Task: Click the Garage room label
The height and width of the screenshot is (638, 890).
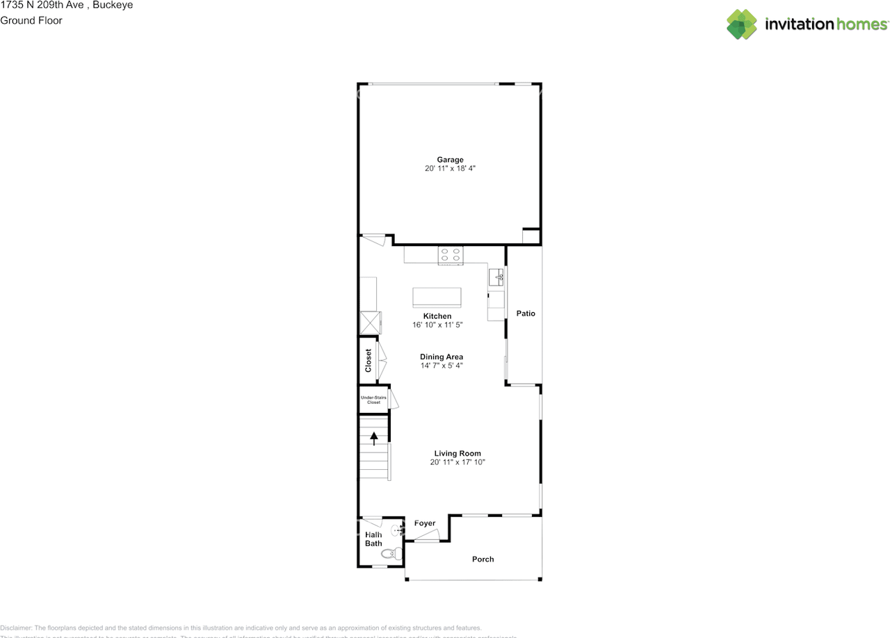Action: (x=450, y=160)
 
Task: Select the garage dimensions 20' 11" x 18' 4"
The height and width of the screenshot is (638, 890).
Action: (x=450, y=169)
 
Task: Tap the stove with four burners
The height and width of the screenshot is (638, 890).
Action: (x=451, y=256)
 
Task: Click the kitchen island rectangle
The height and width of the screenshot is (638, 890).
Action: (x=437, y=297)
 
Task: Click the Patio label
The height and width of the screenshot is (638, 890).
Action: (x=526, y=313)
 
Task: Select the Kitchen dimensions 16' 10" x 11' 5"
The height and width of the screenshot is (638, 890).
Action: (x=437, y=325)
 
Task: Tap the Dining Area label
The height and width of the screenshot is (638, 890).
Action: (x=441, y=357)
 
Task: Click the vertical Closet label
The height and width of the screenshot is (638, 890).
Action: (x=369, y=360)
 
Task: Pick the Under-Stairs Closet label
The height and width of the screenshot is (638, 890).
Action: (x=373, y=400)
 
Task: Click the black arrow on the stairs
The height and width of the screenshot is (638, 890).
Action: (x=374, y=438)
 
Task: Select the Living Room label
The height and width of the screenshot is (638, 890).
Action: (x=458, y=454)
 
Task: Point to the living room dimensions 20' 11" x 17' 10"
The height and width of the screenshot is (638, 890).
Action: (x=458, y=462)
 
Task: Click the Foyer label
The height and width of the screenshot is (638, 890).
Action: (x=425, y=523)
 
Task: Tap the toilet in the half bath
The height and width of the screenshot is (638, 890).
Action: (x=393, y=554)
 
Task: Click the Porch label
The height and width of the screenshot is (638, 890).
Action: (x=483, y=559)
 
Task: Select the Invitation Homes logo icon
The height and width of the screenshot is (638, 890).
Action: (x=742, y=24)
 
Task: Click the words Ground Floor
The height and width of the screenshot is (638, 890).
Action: (x=31, y=20)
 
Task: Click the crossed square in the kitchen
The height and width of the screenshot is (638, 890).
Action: (x=370, y=322)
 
